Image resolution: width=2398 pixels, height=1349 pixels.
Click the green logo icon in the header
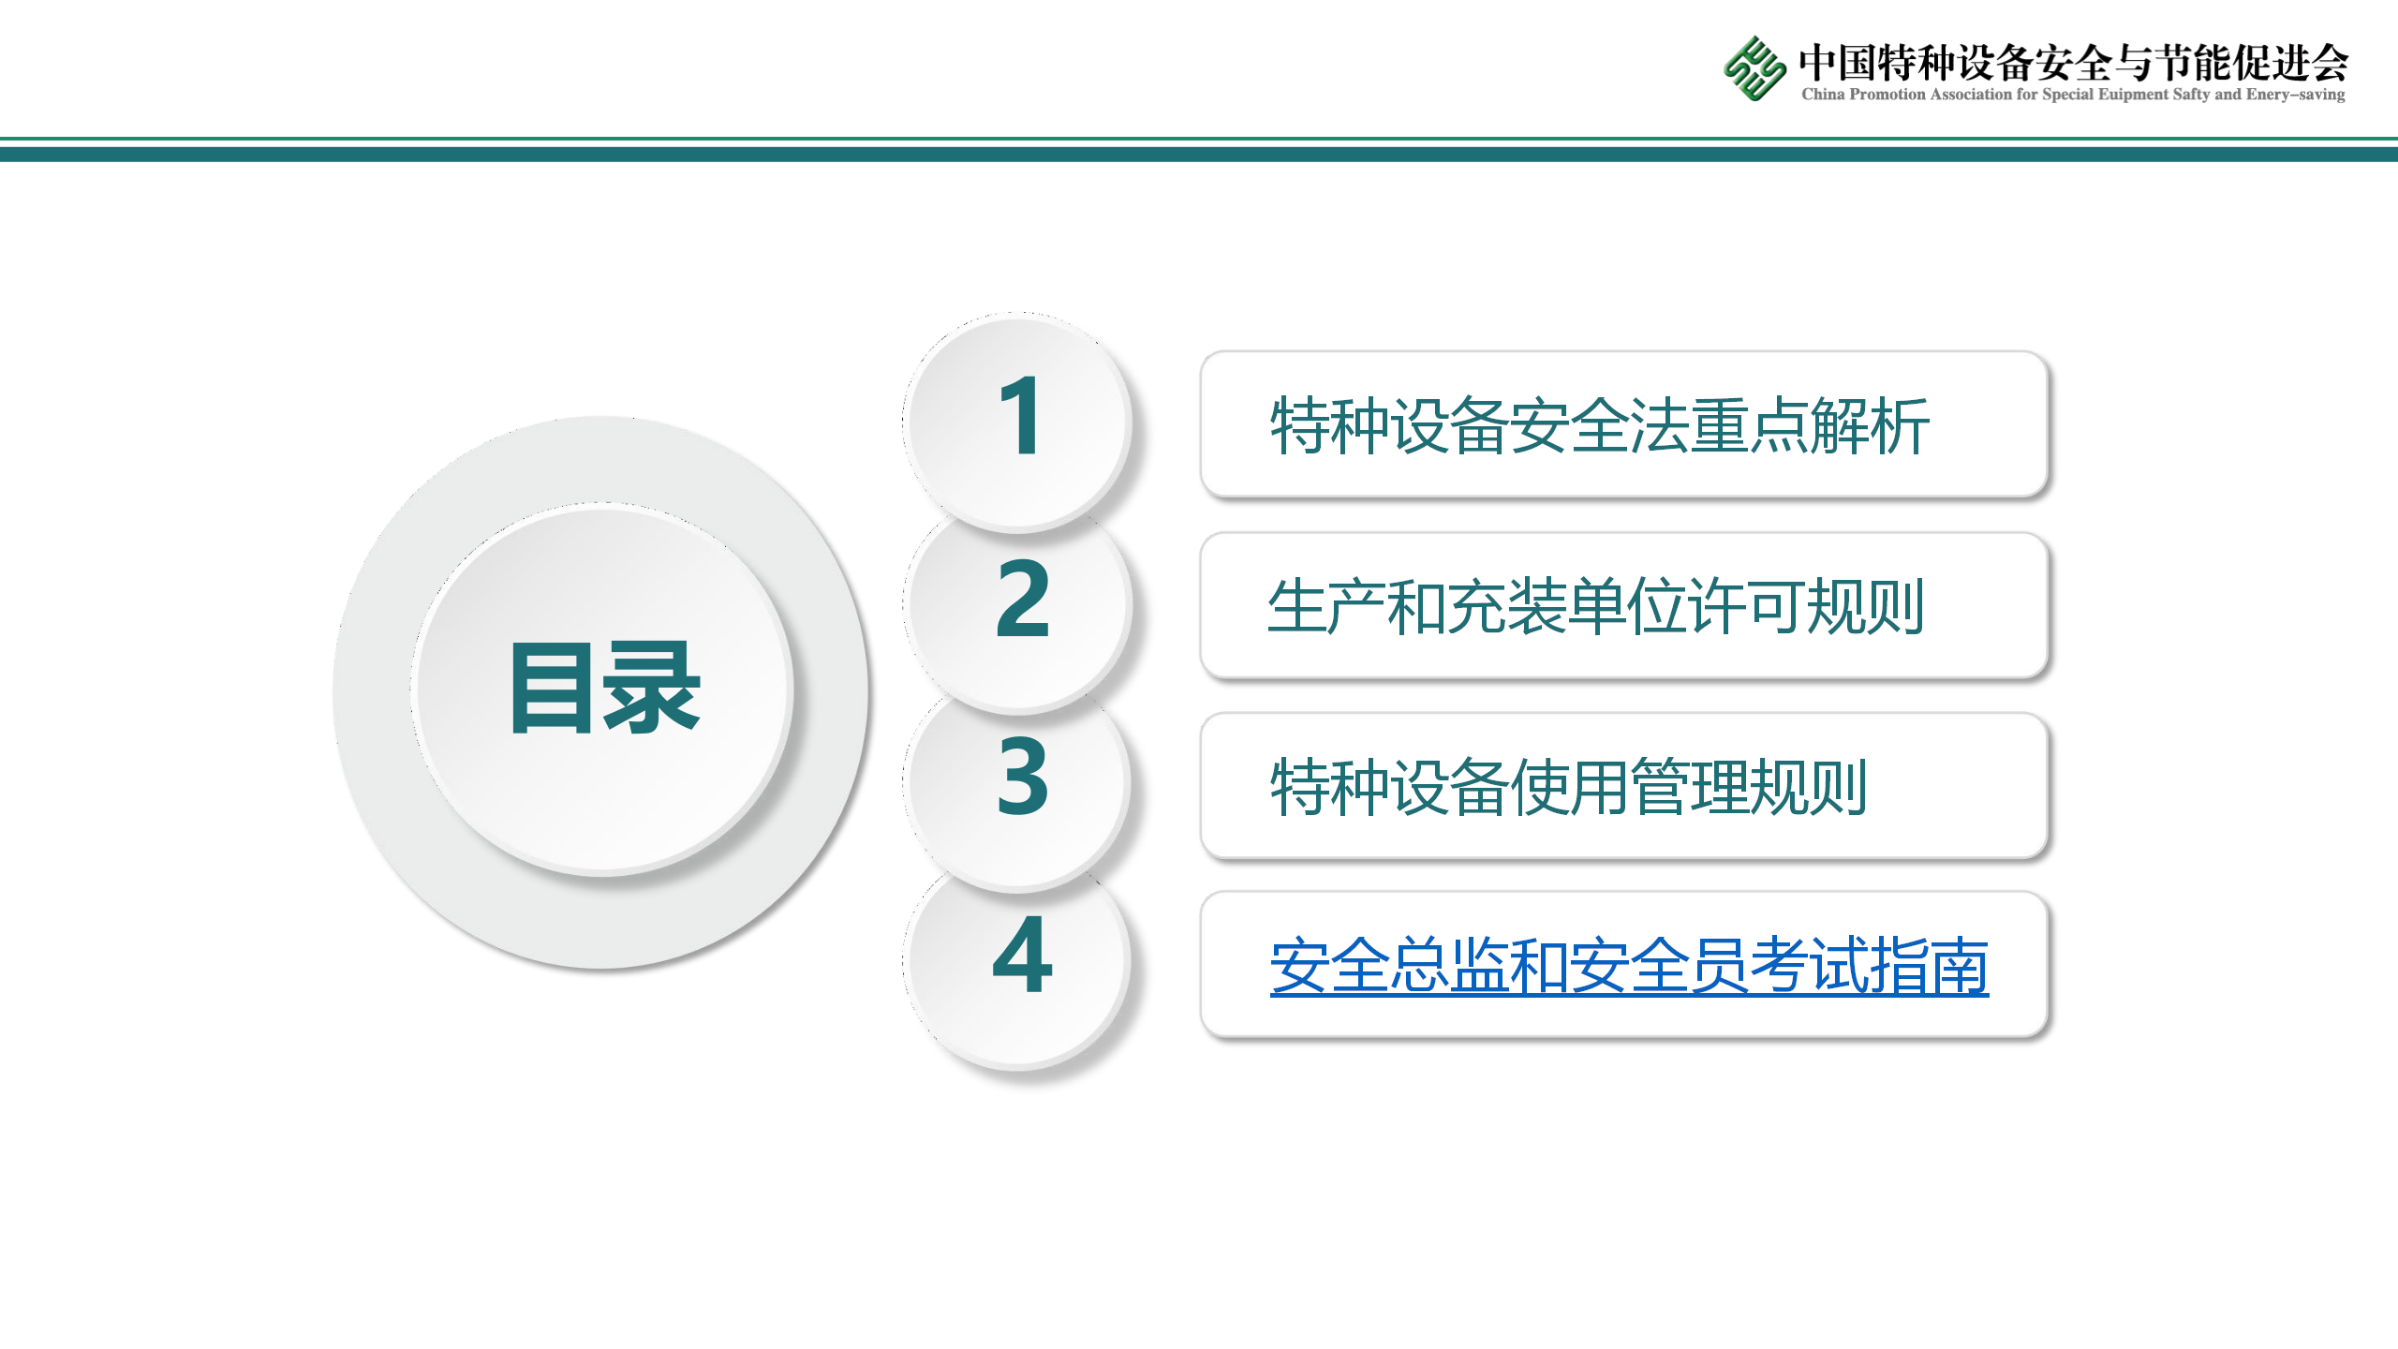[1754, 67]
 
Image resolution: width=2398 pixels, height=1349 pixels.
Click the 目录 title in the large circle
[605, 688]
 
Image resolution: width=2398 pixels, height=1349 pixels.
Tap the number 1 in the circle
[1019, 416]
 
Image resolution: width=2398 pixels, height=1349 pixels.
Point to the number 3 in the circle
[1023, 775]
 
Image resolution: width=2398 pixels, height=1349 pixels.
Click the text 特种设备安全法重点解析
[1600, 426]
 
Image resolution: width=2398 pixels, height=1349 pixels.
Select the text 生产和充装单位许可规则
[1596, 607]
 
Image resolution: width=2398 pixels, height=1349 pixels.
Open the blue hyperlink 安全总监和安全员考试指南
[1629, 966]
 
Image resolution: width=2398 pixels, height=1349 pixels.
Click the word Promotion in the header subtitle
[1887, 94]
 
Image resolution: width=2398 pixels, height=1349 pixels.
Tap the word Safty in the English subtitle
[2192, 94]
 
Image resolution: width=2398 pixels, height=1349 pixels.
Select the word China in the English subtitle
[1823, 94]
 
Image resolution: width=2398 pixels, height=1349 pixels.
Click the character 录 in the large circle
[653, 688]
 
